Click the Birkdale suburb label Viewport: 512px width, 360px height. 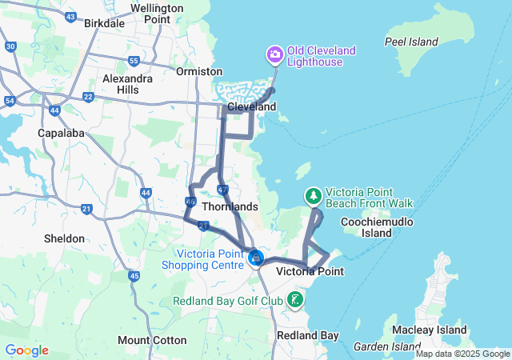tap(103, 23)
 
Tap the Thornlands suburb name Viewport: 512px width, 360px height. tap(230, 206)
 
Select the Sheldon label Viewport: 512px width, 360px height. tap(64, 238)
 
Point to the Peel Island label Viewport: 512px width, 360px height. tap(411, 42)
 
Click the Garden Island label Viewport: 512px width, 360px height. tap(382, 346)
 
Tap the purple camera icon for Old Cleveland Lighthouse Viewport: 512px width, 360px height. tap(274, 54)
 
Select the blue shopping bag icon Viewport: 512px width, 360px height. tap(255, 258)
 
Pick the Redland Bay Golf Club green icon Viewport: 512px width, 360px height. tap(295, 301)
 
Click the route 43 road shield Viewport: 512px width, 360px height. tap(72, 17)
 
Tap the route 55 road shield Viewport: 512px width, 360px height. tap(134, 61)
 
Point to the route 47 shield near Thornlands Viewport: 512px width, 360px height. tap(223, 190)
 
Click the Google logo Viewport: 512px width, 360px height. tap(27, 350)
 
